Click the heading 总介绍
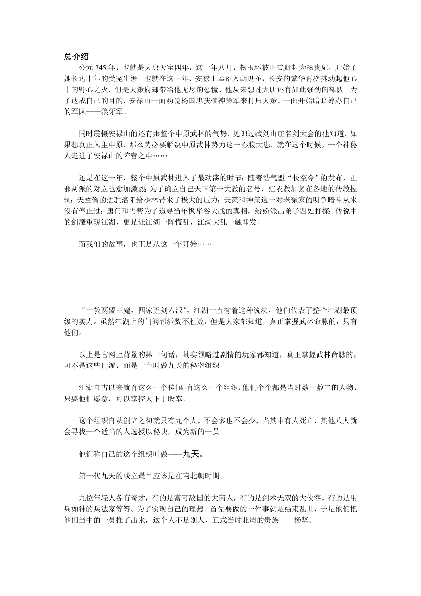point(76,57)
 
